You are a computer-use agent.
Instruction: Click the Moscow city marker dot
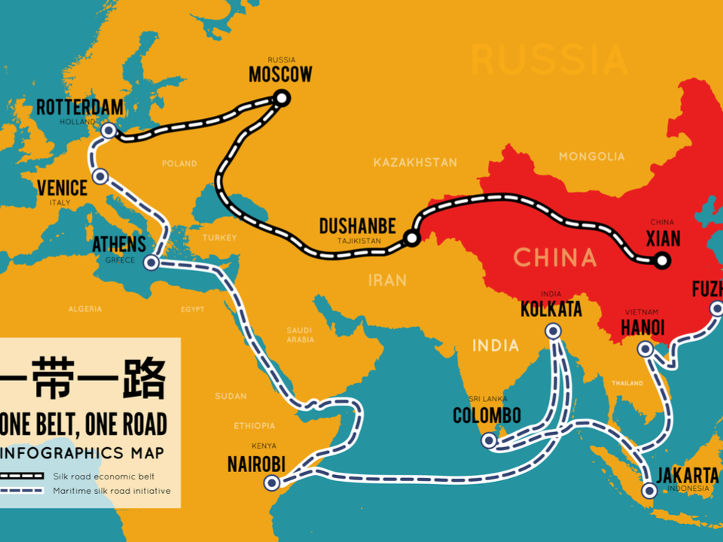click(x=282, y=97)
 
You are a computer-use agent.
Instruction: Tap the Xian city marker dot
click(x=661, y=261)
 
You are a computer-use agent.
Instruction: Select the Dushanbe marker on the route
click(x=411, y=239)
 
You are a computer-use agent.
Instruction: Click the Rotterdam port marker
click(x=108, y=131)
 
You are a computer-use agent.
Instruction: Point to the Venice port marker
click(x=100, y=177)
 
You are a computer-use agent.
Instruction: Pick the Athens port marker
click(x=151, y=263)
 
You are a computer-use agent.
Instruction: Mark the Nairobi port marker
click(x=271, y=483)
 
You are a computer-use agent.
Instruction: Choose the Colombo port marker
click(x=490, y=440)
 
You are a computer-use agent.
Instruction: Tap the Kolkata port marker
click(x=553, y=330)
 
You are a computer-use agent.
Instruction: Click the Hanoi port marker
click(x=645, y=349)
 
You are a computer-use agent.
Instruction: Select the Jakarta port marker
click(x=649, y=492)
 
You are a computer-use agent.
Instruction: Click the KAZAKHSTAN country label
click(x=415, y=162)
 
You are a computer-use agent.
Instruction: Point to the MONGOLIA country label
click(x=591, y=157)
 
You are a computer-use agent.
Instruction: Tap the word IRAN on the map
click(x=387, y=280)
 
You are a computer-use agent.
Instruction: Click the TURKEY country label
click(x=219, y=237)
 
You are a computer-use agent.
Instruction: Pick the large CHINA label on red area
click(x=555, y=257)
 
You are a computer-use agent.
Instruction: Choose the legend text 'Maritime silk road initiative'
click(x=111, y=491)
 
